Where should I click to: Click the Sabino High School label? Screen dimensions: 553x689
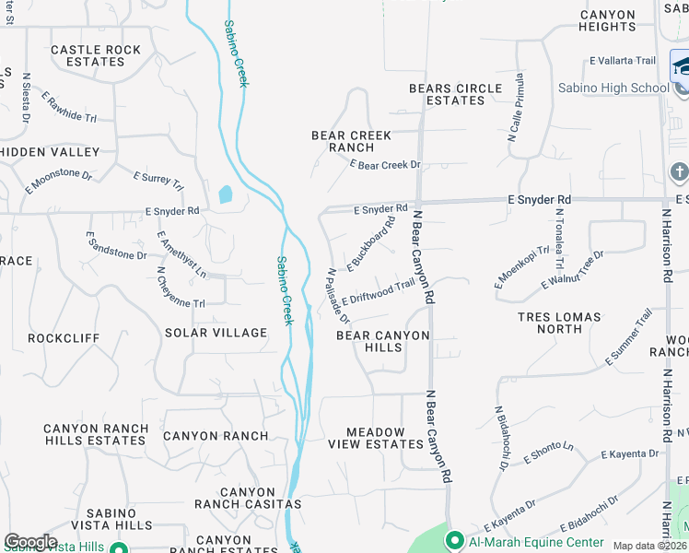click(x=613, y=88)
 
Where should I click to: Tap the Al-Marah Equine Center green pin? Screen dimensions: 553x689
click(x=453, y=540)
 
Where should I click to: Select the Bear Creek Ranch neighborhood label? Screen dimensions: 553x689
click(x=351, y=141)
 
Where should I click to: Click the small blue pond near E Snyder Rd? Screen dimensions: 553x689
click(x=225, y=194)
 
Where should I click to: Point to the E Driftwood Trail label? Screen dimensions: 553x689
click(x=379, y=293)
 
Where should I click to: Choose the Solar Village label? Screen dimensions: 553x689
click(x=216, y=333)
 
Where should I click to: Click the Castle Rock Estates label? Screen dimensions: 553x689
click(x=96, y=55)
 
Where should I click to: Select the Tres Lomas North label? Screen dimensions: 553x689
click(x=559, y=323)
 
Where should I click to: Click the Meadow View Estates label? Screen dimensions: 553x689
click(x=384, y=438)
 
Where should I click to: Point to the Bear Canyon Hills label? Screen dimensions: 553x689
click(x=382, y=341)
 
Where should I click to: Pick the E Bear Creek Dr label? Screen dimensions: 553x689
click(x=385, y=165)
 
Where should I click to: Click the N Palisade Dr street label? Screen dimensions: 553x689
click(x=338, y=296)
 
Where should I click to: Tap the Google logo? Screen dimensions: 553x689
click(x=30, y=542)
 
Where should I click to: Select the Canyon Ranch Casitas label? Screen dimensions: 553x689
click(x=247, y=499)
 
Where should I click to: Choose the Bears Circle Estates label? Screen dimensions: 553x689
click(x=456, y=94)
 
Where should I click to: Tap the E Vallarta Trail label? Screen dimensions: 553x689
click(x=623, y=61)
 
